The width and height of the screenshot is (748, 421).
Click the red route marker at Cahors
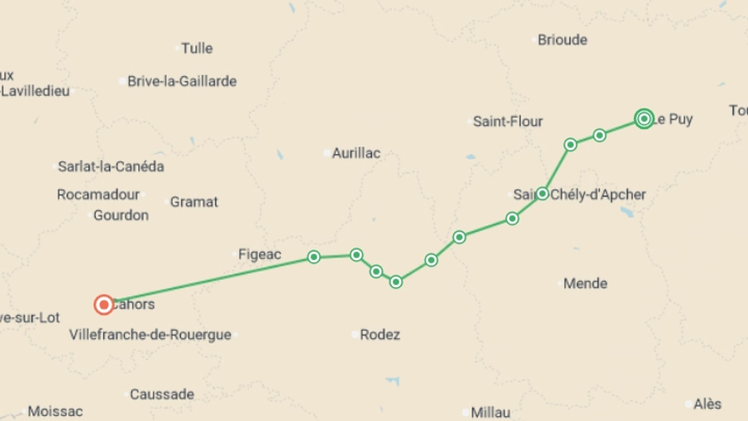point(104,304)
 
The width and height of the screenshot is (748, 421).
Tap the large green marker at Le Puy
point(644,119)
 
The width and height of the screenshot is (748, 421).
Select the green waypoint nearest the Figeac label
point(314,257)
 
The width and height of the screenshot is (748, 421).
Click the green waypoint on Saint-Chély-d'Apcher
point(542,194)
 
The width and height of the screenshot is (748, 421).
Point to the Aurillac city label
point(356,153)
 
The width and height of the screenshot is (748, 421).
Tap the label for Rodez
point(379,334)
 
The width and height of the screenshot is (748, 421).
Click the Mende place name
point(585,283)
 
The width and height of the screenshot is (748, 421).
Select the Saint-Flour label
point(507,122)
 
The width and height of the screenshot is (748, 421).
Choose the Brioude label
point(562,40)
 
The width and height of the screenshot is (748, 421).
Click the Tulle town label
point(197,48)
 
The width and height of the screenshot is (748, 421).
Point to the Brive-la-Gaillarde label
point(182,81)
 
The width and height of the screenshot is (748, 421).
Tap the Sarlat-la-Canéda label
point(111,166)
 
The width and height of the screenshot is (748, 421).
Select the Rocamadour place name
point(98,194)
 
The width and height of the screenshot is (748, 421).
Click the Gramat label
point(194,202)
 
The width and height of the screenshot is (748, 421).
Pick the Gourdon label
point(121,215)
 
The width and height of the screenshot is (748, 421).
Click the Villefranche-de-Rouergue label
point(150,334)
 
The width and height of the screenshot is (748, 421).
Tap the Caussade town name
point(162,394)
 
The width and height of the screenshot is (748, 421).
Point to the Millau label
point(490,412)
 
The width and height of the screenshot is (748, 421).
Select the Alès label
point(707,404)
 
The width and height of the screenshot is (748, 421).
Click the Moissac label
point(55,411)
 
